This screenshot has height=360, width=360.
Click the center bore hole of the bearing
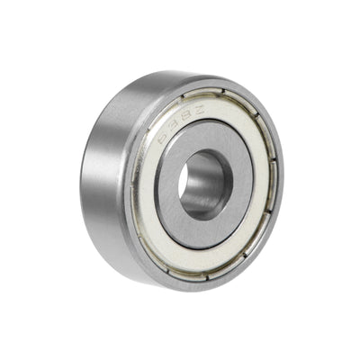204,185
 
